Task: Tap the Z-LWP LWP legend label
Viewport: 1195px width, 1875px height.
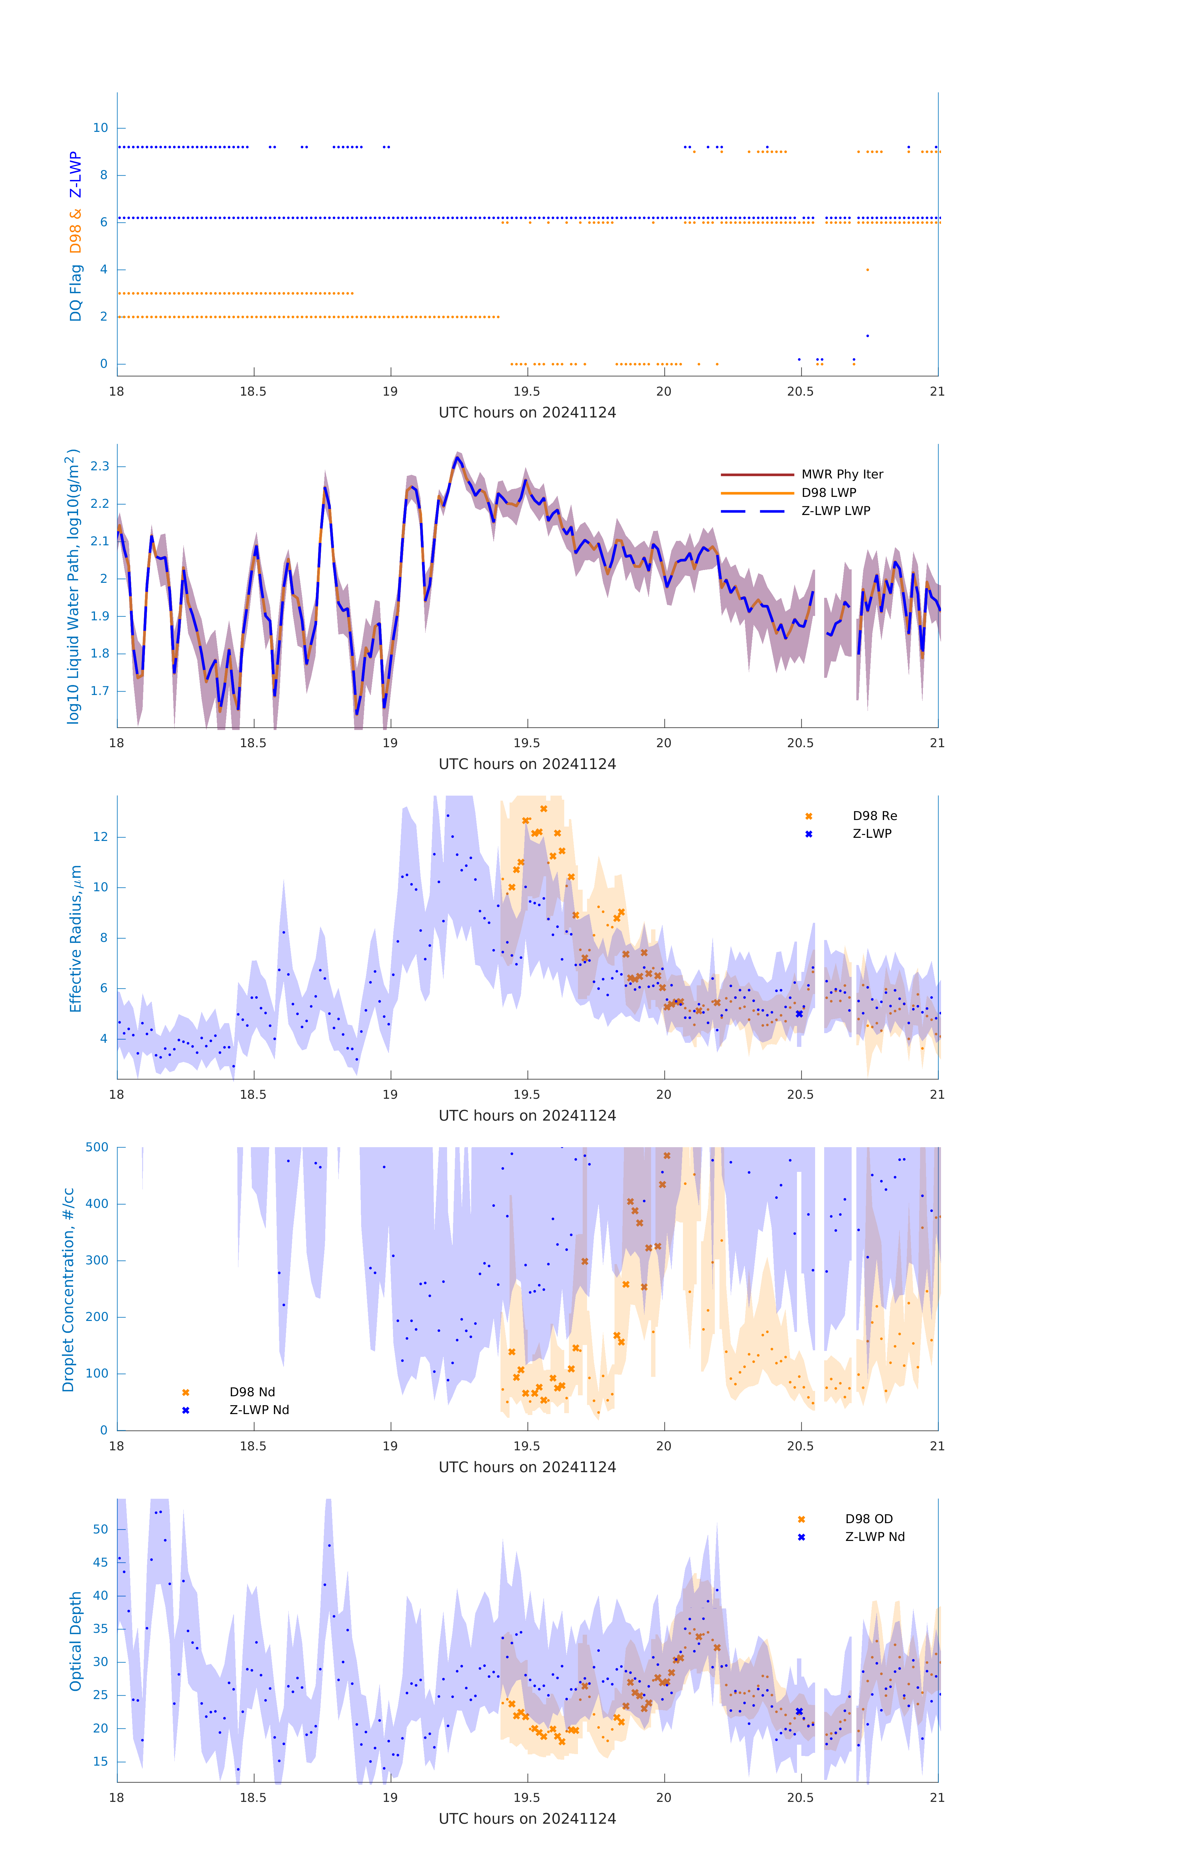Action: (x=835, y=511)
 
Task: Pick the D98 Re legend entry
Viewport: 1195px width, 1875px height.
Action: (x=874, y=816)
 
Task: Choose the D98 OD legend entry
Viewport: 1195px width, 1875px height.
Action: (x=868, y=1519)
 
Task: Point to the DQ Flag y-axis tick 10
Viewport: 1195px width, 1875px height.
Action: (x=100, y=128)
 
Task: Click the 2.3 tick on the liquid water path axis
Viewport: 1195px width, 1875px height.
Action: (x=100, y=467)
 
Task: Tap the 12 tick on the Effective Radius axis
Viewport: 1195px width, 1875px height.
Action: (x=100, y=837)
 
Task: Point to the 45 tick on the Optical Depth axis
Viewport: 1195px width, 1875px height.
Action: (x=100, y=1562)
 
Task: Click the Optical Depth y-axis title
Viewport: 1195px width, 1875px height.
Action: (x=76, y=1641)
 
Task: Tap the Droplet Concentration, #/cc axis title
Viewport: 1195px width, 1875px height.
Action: (x=68, y=1290)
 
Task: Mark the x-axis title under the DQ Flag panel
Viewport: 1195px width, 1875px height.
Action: (x=527, y=413)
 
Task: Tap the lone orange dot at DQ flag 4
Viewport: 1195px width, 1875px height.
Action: (x=867, y=270)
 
